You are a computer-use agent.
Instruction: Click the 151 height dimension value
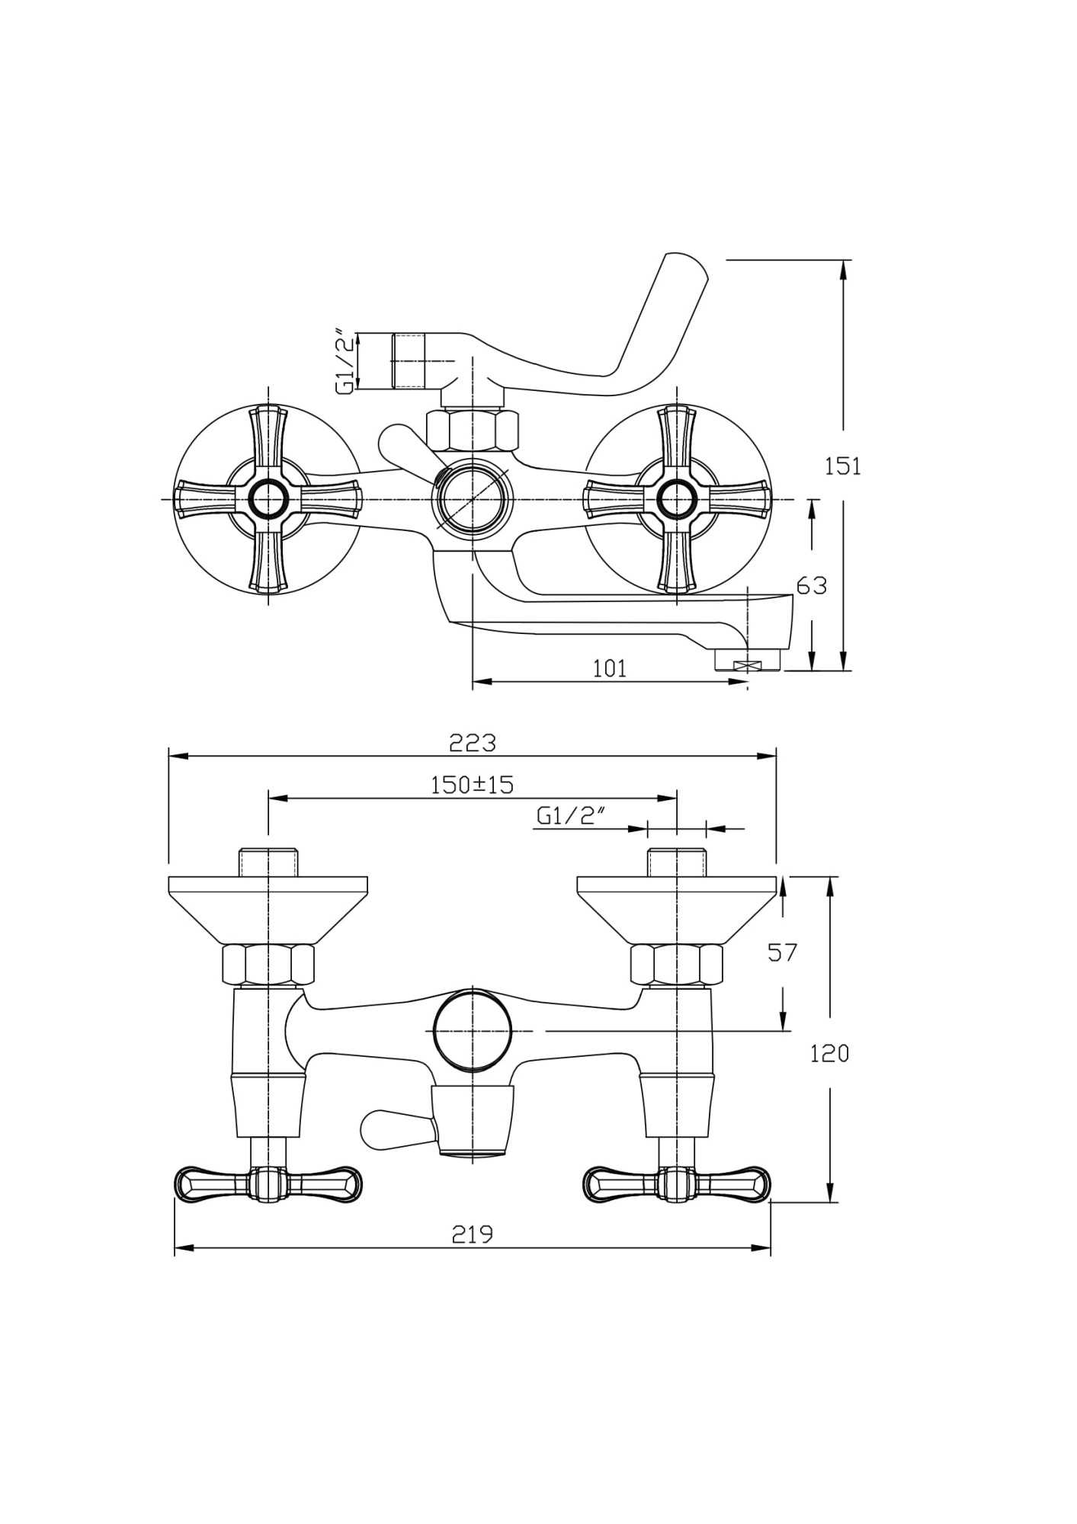(842, 466)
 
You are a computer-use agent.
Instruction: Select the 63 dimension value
(811, 585)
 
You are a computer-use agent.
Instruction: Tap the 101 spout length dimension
(609, 668)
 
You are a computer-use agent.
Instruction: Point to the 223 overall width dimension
(472, 741)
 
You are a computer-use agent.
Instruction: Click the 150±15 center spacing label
(472, 784)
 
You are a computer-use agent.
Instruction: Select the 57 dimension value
(782, 952)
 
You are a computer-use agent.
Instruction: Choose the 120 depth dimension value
(829, 1054)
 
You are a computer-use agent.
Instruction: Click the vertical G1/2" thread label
(346, 361)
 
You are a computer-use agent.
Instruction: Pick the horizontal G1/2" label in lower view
(570, 816)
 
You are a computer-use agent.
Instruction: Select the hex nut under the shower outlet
(473, 431)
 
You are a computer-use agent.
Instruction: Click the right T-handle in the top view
(676, 1183)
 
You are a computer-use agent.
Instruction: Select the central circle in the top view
(472, 1030)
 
